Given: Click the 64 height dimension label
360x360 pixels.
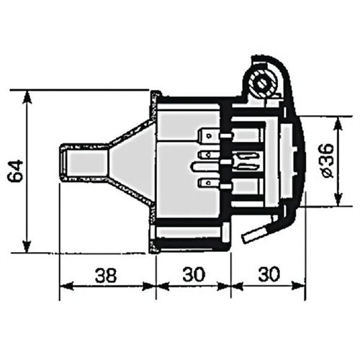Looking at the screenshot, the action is [15, 171].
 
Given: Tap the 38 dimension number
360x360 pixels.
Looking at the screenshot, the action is [106, 275].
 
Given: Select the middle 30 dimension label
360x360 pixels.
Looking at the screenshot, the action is [194, 274].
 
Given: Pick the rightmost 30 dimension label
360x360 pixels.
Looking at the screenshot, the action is [269, 274].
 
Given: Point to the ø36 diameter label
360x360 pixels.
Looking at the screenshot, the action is [327, 161].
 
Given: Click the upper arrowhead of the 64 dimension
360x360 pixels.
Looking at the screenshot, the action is [27, 96].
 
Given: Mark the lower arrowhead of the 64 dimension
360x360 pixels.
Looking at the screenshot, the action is [27, 246].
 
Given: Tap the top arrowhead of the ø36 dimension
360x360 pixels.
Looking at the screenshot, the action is [338, 123].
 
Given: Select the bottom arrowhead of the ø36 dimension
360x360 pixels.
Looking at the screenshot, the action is [338, 199].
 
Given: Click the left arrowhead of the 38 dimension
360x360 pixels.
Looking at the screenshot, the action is [66, 287].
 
